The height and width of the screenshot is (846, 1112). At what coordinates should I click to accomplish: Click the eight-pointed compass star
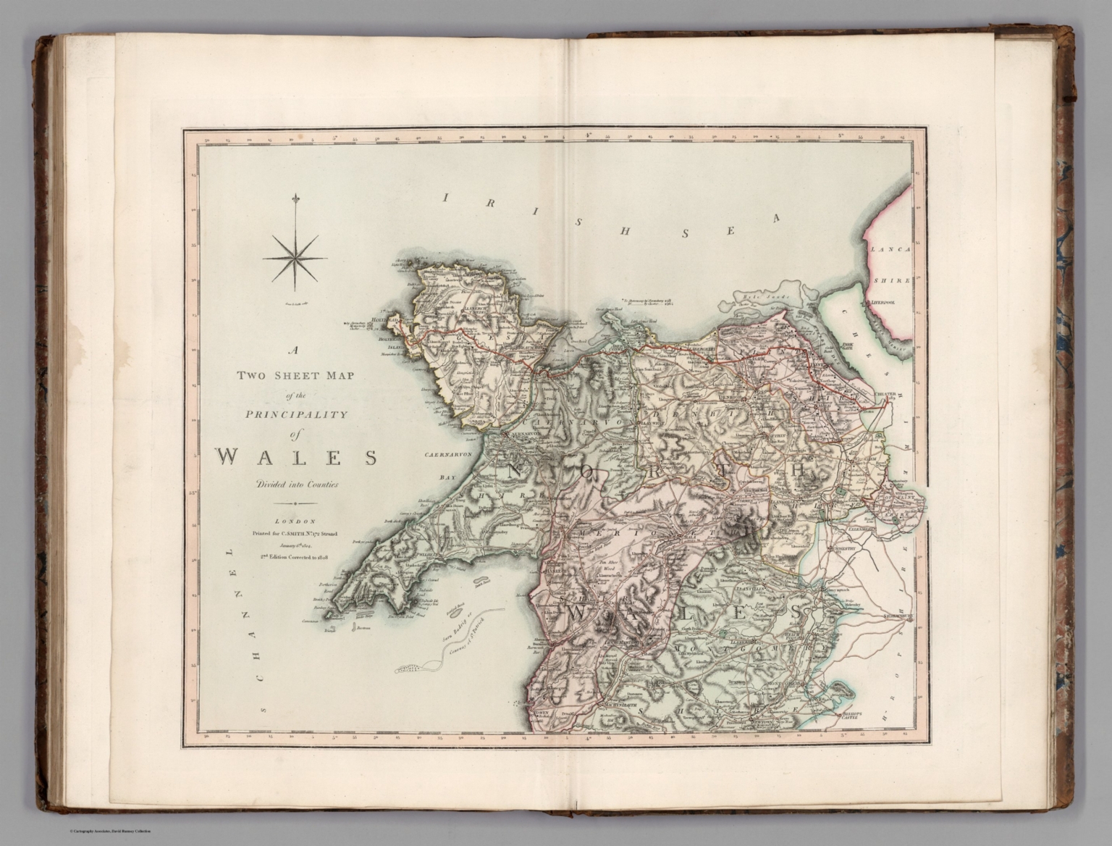pyautogui.click(x=295, y=258)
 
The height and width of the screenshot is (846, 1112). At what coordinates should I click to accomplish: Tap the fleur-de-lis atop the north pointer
pyautogui.click(x=295, y=199)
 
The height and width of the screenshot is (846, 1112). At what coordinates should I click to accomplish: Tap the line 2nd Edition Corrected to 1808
pyautogui.click(x=295, y=556)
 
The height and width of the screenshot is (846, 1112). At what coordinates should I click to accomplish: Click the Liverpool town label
pyautogui.click(x=883, y=303)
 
